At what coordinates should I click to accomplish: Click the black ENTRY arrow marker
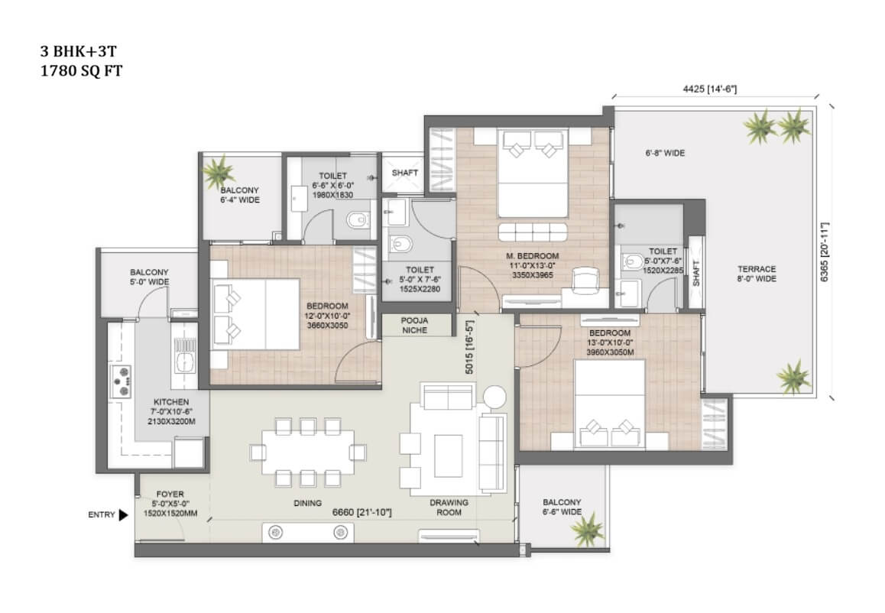[123, 515]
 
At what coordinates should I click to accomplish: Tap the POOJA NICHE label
[414, 325]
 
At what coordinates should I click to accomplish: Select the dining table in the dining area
[308, 452]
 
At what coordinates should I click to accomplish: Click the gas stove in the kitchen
[121, 381]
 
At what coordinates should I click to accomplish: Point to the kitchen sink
[184, 355]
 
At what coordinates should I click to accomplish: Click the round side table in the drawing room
[494, 396]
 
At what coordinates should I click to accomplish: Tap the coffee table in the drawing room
[448, 456]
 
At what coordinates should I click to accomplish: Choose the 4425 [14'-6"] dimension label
[709, 89]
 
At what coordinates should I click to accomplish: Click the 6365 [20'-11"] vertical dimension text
[825, 252]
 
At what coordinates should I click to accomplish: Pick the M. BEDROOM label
[532, 256]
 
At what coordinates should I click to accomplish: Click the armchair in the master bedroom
[585, 281]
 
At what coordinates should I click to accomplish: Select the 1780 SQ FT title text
[81, 71]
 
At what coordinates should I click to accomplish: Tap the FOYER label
[170, 494]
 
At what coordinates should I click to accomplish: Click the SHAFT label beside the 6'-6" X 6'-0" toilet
[405, 173]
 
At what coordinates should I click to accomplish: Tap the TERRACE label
[757, 269]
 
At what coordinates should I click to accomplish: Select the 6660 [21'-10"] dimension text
[361, 513]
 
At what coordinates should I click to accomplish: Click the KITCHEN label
[171, 402]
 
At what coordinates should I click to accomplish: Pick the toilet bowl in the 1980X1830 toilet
[358, 219]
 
